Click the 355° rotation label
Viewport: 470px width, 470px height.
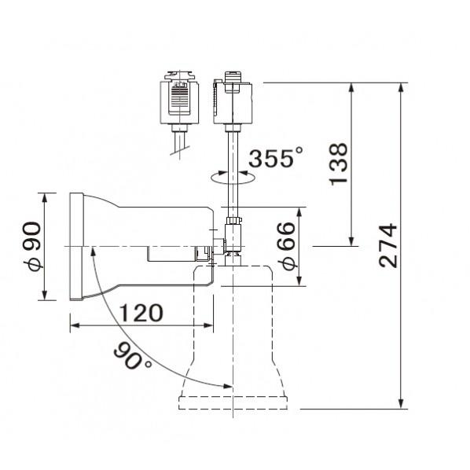[x=275, y=157]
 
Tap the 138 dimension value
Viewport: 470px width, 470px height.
[x=339, y=164]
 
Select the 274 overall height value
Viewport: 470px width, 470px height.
[x=388, y=245]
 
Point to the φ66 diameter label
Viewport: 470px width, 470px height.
[x=286, y=246]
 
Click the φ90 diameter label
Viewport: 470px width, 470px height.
[x=31, y=246]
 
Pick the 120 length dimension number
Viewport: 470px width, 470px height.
[x=141, y=313]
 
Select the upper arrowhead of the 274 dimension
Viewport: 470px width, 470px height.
[x=402, y=88]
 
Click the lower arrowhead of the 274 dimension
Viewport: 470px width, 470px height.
[x=402, y=403]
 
